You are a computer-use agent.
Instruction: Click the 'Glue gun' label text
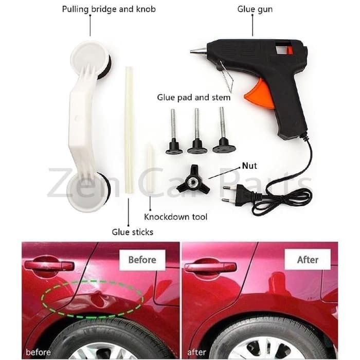pyautogui.click(x=255, y=9)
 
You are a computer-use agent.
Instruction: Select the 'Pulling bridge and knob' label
pyautogui.click(x=109, y=9)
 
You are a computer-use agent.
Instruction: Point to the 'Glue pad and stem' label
pyautogui.click(x=193, y=97)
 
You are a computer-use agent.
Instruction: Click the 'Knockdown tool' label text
pyautogui.click(x=176, y=217)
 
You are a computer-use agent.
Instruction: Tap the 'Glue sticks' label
pyautogui.click(x=133, y=232)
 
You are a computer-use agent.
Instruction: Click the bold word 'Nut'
pyautogui.click(x=249, y=166)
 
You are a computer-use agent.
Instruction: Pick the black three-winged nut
pyautogui.click(x=193, y=181)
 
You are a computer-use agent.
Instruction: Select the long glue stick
pyautogui.click(x=129, y=130)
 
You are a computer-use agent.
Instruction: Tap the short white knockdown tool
pyautogui.click(x=149, y=168)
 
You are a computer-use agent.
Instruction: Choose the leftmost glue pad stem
pyautogui.click(x=174, y=132)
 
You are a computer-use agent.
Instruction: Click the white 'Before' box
pyautogui.click(x=142, y=260)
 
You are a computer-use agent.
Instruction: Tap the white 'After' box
pyautogui.click(x=308, y=259)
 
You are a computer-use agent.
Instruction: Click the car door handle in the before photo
pyautogui.click(x=49, y=266)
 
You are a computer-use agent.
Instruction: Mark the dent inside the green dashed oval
pyautogui.click(x=99, y=298)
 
